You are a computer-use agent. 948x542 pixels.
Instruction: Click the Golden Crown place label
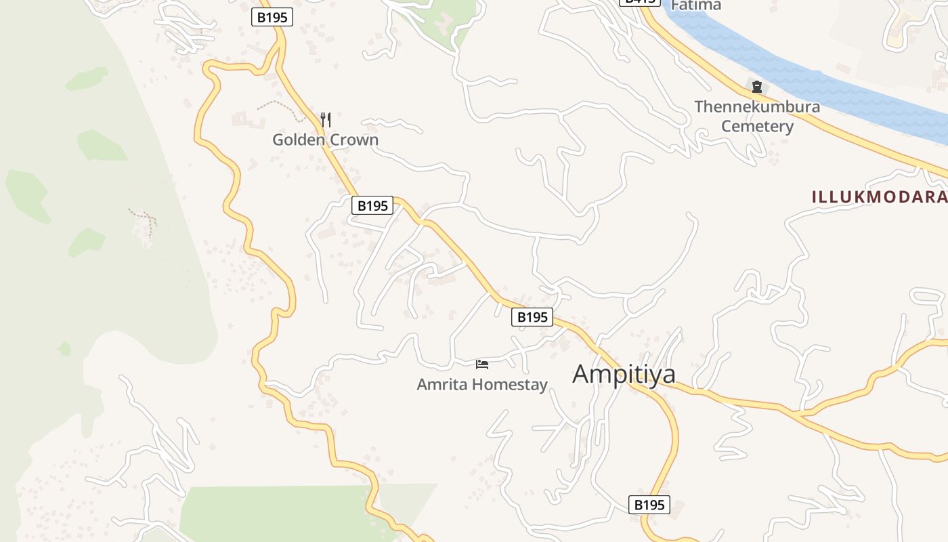(325, 140)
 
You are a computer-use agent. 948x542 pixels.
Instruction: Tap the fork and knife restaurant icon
(326, 120)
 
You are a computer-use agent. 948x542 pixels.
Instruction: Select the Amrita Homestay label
(482, 385)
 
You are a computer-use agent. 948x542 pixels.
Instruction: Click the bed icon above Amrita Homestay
(482, 364)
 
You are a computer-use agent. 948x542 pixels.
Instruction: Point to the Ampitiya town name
(624, 374)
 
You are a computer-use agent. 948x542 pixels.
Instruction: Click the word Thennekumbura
(757, 107)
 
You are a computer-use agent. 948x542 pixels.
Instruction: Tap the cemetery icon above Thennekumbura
(756, 87)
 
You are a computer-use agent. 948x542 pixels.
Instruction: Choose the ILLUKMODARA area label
(879, 197)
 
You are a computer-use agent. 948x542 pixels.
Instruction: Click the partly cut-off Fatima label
(695, 5)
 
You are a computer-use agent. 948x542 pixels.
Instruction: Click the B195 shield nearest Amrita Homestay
(532, 316)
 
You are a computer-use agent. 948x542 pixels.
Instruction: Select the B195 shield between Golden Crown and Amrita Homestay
(372, 205)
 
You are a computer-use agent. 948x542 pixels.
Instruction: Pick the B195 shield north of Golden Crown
(272, 18)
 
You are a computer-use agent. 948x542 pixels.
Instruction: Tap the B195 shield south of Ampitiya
(649, 505)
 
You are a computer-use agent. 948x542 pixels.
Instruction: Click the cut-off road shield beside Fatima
(639, 2)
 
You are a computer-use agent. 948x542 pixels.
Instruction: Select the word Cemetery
(757, 127)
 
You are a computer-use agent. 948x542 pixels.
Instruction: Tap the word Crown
(353, 140)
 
